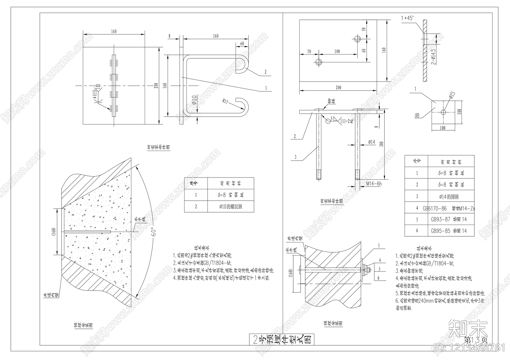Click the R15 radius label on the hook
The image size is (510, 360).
pyautogui.click(x=226, y=102)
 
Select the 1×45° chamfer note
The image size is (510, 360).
pyautogui.click(x=407, y=18)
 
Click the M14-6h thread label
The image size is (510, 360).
pyautogui.click(x=374, y=184)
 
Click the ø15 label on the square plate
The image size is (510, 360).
pyautogui.click(x=452, y=95)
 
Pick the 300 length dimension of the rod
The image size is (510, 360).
pyautogui.click(x=382, y=144)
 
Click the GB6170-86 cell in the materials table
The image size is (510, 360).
pyautogui.click(x=435, y=209)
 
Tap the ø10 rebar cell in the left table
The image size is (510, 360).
pyautogui.click(x=230, y=206)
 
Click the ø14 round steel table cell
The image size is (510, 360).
pyautogui.click(x=448, y=197)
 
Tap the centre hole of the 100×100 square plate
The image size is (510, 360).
pyautogui.click(x=443, y=112)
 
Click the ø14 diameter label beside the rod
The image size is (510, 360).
pyautogui.click(x=371, y=142)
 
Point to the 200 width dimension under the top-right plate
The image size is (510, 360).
pyautogui.click(x=338, y=87)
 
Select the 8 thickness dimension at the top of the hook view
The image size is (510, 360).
pyautogui.click(x=170, y=36)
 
